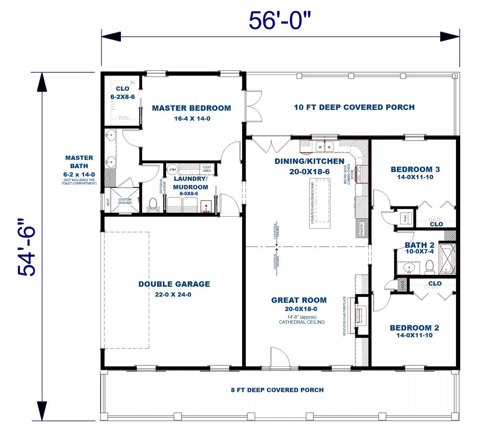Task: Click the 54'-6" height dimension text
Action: click(28, 247)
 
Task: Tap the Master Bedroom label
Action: click(192, 108)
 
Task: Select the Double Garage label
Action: click(174, 284)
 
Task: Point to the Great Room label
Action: click(298, 300)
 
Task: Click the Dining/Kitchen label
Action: click(309, 161)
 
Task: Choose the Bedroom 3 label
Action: click(415, 169)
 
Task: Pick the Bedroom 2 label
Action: click(414, 328)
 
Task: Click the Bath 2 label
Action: click(416, 245)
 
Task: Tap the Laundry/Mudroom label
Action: click(191, 183)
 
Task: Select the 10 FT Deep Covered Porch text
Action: click(354, 107)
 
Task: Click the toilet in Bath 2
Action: click(429, 266)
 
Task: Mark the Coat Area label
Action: click(207, 168)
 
